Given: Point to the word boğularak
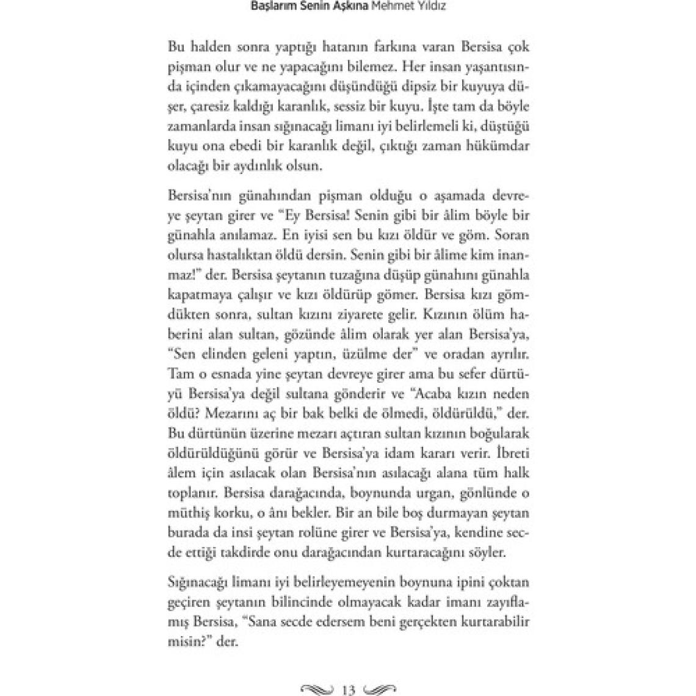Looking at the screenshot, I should coord(499,433).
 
